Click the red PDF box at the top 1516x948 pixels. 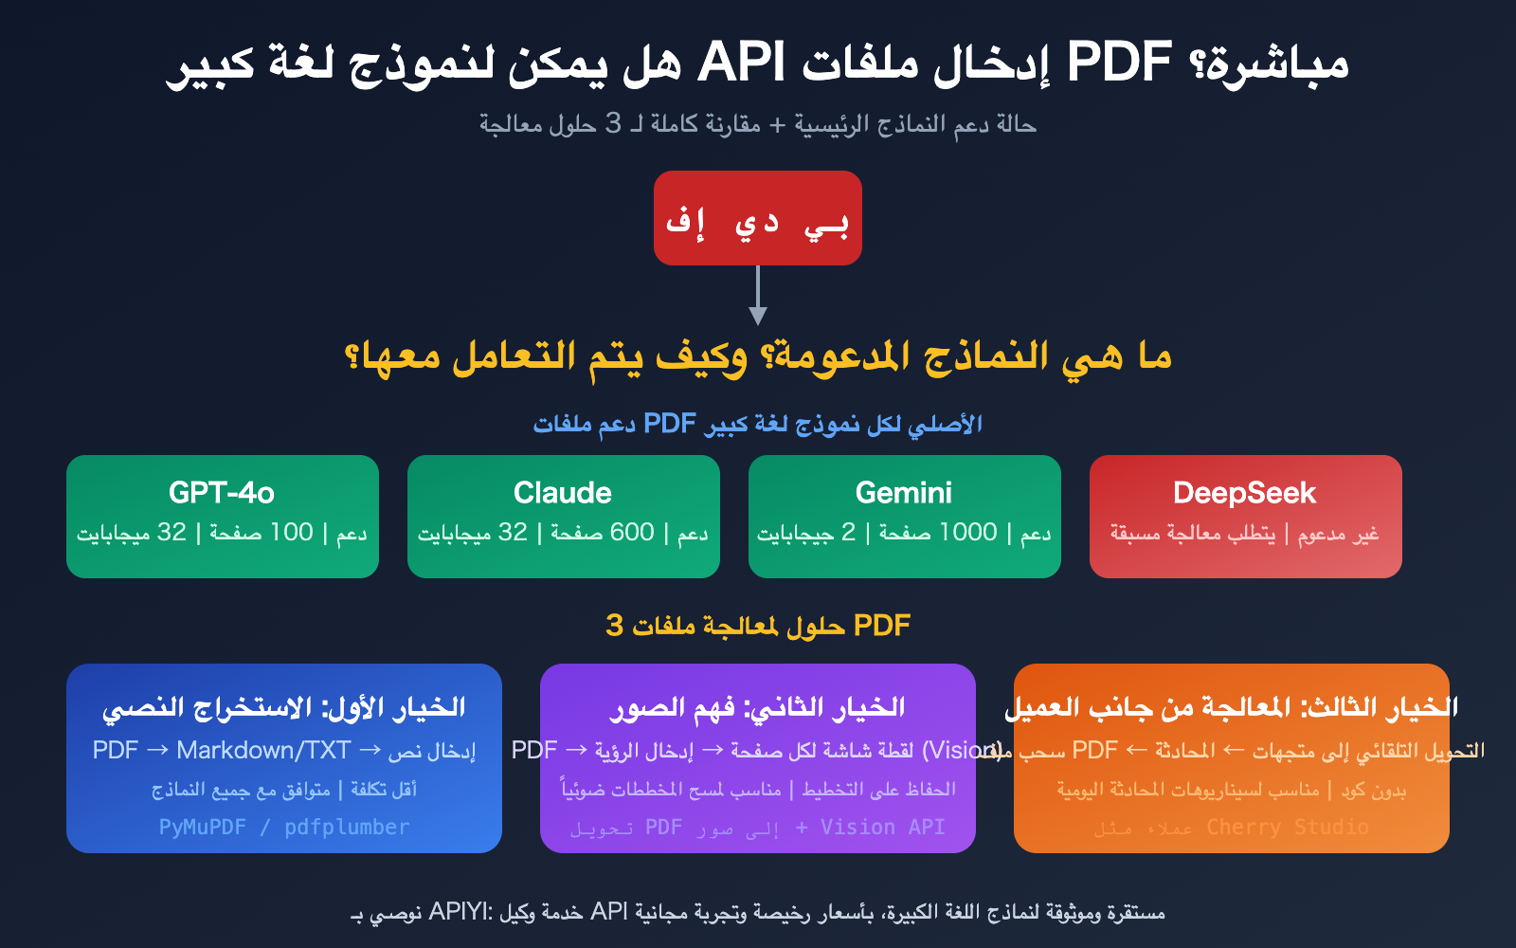(757, 218)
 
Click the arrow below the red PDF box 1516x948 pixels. (757, 297)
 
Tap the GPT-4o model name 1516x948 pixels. (222, 493)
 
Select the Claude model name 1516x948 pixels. (563, 493)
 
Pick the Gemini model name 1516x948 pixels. (904, 493)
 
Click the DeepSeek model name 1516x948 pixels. (1245, 493)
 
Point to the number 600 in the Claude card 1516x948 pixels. (632, 533)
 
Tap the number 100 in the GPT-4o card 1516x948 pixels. (292, 533)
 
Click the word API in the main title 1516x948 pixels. (741, 63)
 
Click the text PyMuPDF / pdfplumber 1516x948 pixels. (284, 828)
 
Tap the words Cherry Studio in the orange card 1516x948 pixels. (1288, 828)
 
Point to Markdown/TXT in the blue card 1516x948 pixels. (263, 751)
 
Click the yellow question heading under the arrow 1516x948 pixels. (758, 357)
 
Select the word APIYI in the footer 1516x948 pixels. (460, 912)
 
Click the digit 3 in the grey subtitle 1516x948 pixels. (614, 123)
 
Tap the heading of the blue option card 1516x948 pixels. (284, 707)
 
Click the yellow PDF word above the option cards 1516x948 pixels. (882, 626)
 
